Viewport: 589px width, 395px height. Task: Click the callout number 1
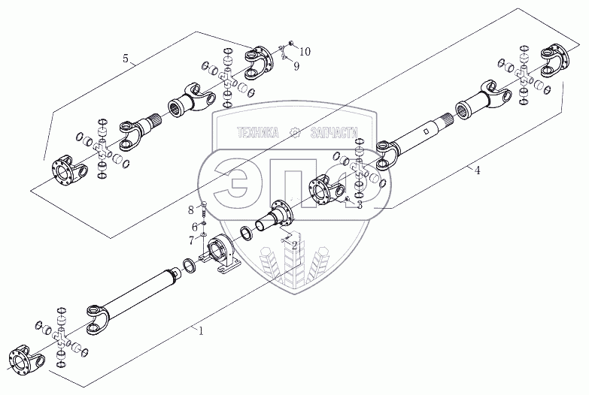point(201,330)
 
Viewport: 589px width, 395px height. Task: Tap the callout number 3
point(360,204)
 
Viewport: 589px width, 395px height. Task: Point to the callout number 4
point(477,170)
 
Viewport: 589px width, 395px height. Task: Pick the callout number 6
point(194,225)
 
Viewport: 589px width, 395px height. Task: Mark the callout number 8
point(191,208)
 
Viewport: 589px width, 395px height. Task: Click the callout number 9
point(296,66)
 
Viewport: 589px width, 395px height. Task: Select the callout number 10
point(304,51)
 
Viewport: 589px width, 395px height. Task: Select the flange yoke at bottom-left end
point(23,360)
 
